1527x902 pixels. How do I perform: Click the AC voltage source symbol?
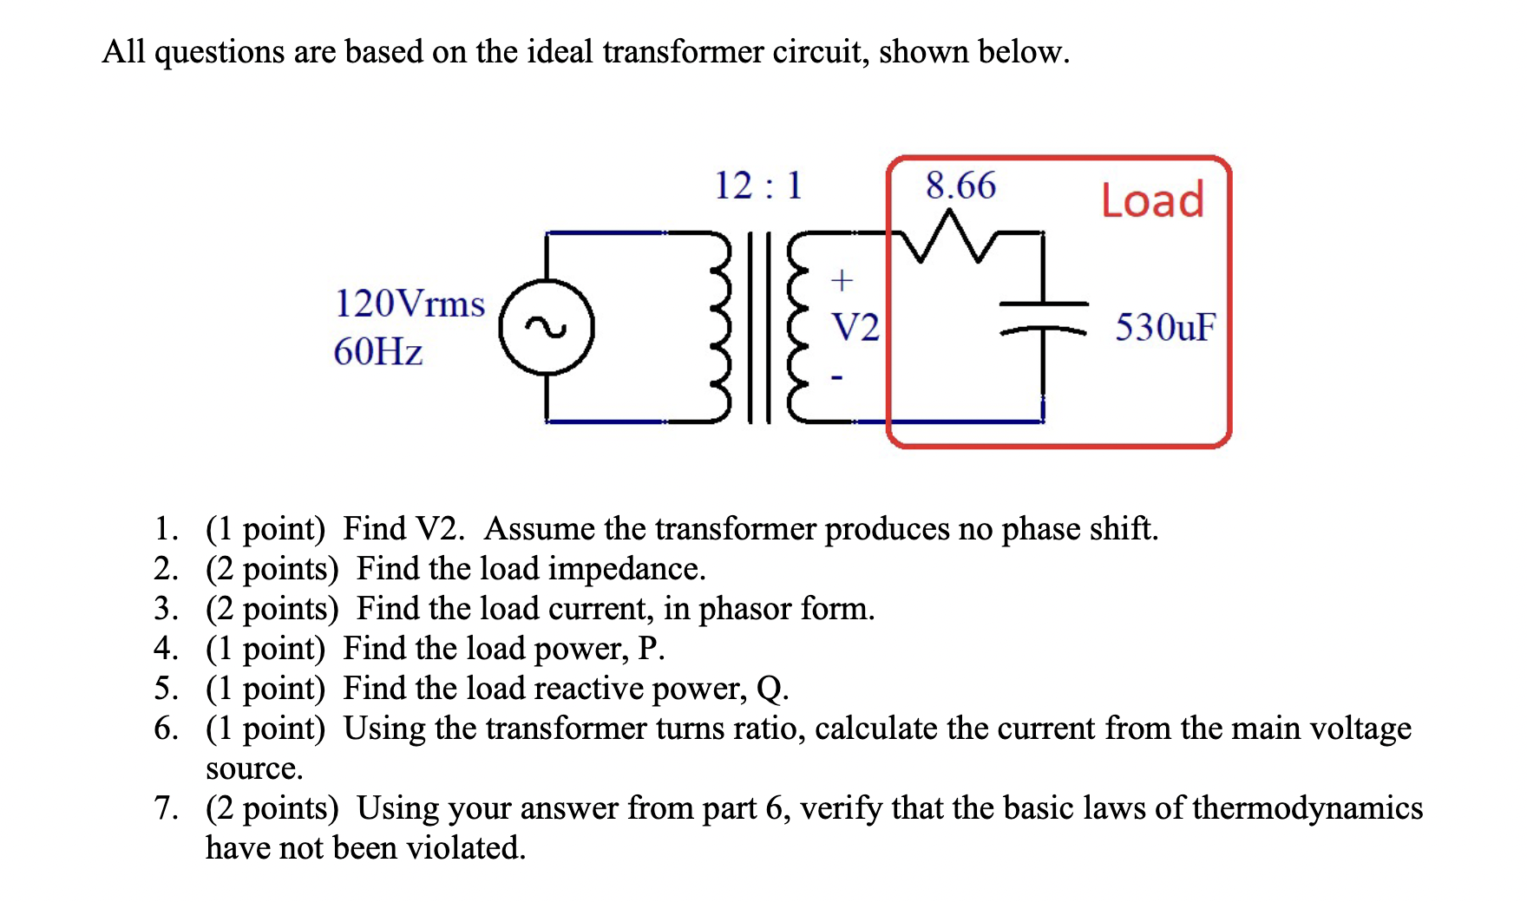[547, 328]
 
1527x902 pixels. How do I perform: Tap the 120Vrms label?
[410, 304]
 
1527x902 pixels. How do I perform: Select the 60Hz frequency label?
[378, 352]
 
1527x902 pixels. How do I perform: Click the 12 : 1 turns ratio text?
[758, 186]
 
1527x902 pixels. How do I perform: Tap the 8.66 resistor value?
[960, 186]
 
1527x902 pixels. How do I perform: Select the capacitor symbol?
[1044, 317]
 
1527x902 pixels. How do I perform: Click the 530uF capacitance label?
[1165, 328]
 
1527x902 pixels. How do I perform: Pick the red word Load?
[1152, 200]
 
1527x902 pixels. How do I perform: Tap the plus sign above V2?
[842, 280]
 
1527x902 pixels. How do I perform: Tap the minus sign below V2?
[836, 377]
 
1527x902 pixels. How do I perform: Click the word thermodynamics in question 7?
[1307, 808]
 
